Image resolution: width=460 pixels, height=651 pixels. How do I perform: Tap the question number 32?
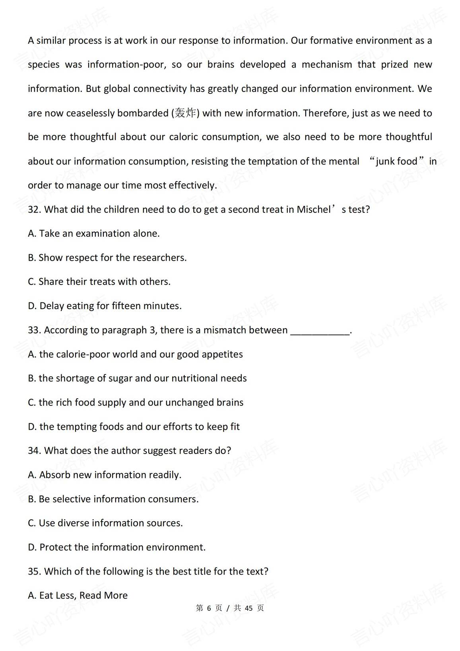coord(34,210)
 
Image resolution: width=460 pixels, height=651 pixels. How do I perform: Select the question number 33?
coord(34,330)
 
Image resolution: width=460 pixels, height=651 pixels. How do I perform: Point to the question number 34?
coord(34,451)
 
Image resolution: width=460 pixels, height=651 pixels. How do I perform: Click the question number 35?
coord(34,571)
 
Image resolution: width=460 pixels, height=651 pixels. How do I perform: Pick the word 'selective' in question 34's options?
coord(72,499)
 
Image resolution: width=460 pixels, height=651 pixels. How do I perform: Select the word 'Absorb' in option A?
coord(54,475)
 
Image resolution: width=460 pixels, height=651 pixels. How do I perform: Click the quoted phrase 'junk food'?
coord(396,162)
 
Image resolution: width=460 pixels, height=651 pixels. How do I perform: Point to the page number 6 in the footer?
coord(209,608)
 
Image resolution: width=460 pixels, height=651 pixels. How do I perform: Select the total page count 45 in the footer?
coord(249,608)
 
